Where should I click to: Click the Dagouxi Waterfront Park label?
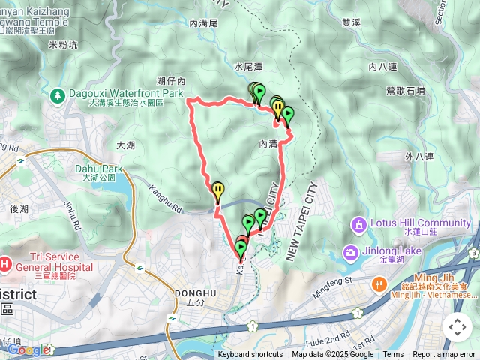coord(126,94)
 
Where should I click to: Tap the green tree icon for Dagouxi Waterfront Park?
coord(58,96)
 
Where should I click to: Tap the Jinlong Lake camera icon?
coord(349,252)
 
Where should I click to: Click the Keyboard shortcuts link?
coord(250,355)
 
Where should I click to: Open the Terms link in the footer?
coord(393,355)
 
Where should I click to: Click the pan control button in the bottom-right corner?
coord(457,327)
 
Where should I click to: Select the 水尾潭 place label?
coord(248,67)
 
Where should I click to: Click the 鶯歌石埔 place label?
coord(405,91)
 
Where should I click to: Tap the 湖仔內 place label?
coord(171,80)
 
